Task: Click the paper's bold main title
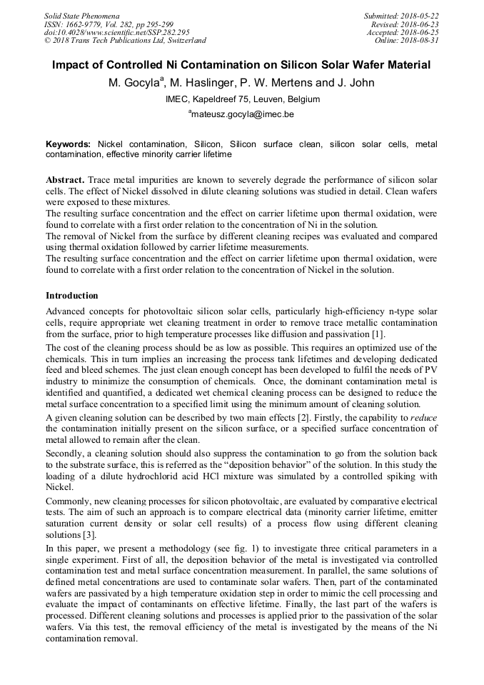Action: point(241,65)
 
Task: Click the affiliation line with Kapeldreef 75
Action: point(242,99)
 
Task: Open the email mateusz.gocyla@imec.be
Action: point(242,114)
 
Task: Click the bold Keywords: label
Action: point(68,144)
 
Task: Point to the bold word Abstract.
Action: point(65,179)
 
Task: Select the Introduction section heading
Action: point(72,295)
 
